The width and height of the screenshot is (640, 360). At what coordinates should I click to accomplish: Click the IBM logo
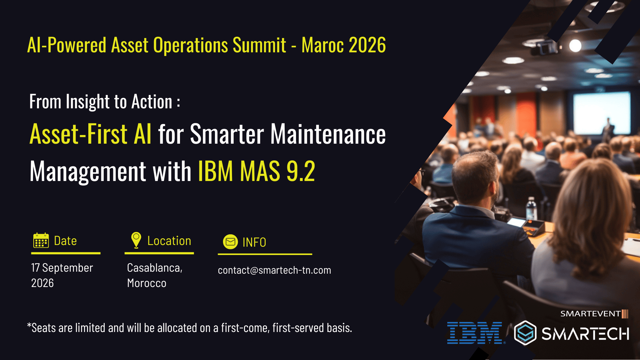[475, 333]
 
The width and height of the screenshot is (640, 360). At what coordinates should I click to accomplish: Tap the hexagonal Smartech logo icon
[525, 333]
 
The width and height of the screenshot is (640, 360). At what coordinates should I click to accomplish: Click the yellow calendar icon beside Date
[41, 240]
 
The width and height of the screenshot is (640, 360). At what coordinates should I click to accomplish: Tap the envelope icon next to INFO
[230, 242]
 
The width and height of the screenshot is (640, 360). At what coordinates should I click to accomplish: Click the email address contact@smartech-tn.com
[274, 270]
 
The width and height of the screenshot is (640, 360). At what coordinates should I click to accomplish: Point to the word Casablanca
[155, 268]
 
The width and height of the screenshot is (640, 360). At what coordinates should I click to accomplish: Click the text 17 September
[62, 268]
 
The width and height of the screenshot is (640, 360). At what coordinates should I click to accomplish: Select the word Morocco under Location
[147, 283]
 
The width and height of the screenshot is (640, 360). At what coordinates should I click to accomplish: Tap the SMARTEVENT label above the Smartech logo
[590, 314]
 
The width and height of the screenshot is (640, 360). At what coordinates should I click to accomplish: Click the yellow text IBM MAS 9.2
[257, 171]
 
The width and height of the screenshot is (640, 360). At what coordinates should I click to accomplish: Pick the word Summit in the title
[259, 45]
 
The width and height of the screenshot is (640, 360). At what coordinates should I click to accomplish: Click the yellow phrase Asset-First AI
[90, 134]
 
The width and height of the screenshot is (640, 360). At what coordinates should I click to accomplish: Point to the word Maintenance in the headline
[328, 134]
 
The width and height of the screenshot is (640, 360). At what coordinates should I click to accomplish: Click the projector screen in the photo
[602, 113]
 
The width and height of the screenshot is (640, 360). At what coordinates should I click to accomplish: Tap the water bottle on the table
[531, 209]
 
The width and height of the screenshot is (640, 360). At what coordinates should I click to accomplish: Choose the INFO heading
[254, 242]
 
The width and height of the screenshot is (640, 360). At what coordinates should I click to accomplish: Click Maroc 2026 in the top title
[344, 45]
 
